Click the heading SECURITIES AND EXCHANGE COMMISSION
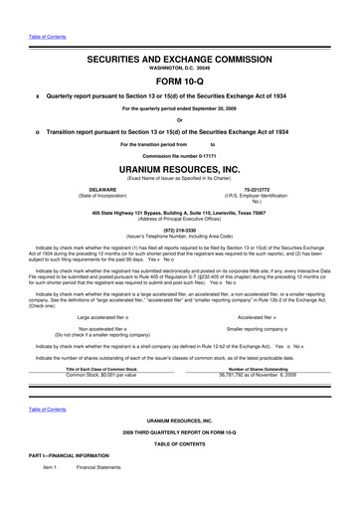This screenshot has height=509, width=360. click(x=179, y=34)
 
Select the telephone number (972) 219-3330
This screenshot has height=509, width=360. click(x=179, y=227)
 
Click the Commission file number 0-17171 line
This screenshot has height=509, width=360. click(x=179, y=156)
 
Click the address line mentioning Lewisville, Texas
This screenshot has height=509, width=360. click(x=179, y=212)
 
